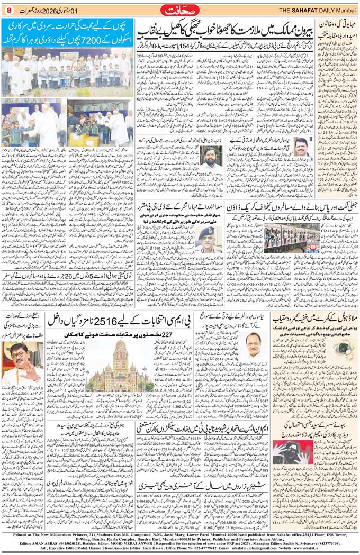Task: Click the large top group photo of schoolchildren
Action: coord(67,71)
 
